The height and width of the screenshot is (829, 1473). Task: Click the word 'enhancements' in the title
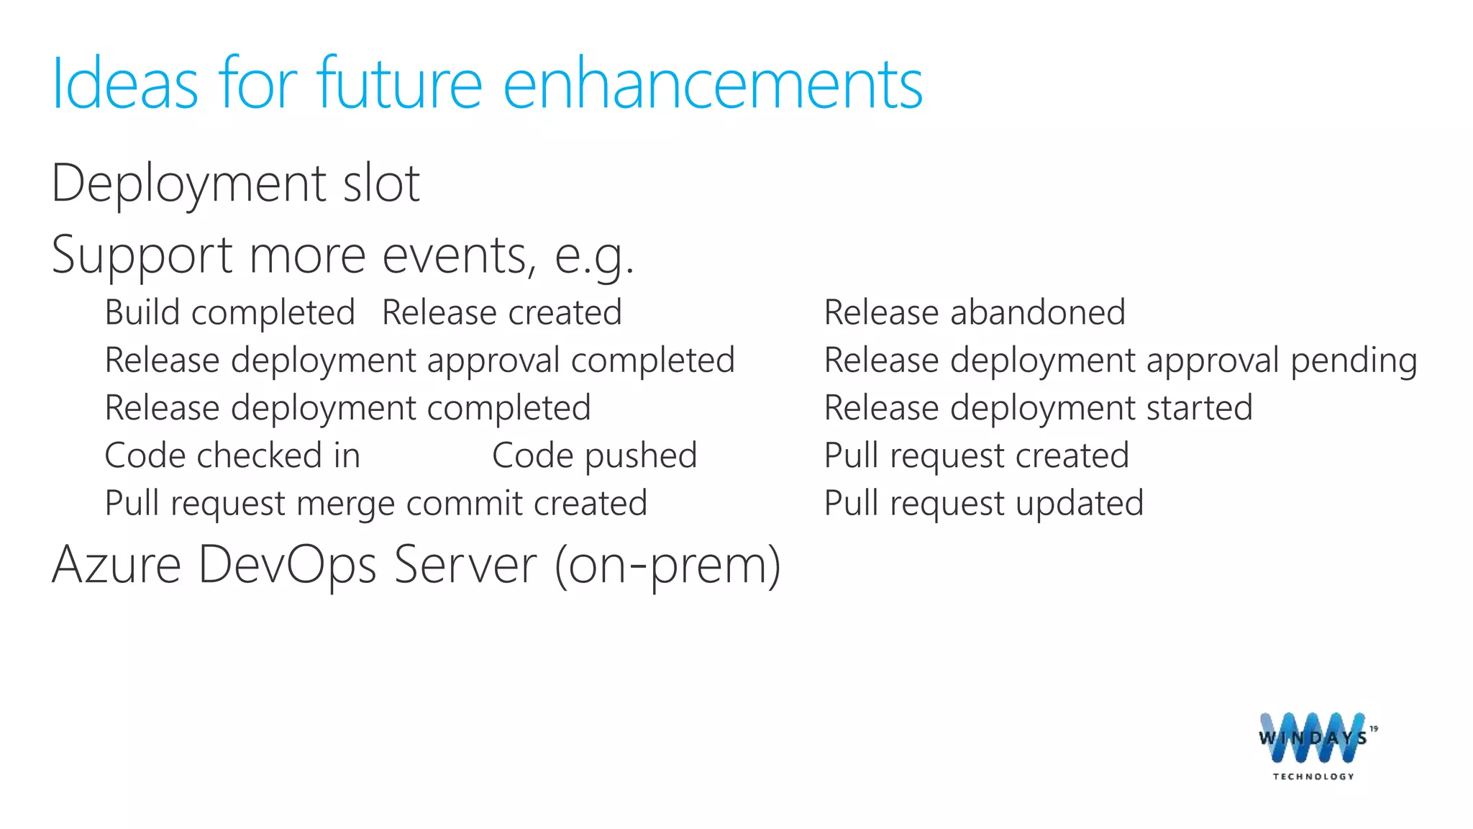tap(712, 85)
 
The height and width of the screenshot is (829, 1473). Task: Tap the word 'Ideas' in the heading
tap(124, 85)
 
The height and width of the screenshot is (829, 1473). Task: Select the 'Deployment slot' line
tap(235, 184)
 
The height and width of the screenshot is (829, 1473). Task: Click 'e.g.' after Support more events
tap(594, 256)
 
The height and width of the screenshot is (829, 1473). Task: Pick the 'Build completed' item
tap(229, 313)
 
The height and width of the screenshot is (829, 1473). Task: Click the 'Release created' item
tap(501, 313)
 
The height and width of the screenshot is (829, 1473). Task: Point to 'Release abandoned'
tap(974, 313)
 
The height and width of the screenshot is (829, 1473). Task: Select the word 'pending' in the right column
tap(1353, 361)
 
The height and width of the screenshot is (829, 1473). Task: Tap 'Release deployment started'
tap(1038, 408)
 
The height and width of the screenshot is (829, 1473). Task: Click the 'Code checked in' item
tap(232, 456)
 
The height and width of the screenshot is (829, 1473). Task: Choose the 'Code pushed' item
tap(594, 456)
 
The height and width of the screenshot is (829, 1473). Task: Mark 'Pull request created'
tap(976, 456)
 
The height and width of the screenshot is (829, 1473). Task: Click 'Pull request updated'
tap(983, 503)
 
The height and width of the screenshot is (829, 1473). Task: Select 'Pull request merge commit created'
tap(375, 503)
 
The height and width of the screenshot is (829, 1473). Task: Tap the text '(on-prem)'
tap(667, 566)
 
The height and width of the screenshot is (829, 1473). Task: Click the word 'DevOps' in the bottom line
tap(287, 564)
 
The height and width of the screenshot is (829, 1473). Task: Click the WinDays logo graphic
tap(1313, 738)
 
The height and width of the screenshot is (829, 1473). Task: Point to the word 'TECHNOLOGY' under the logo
tap(1313, 776)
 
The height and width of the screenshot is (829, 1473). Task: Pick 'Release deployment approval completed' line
tap(419, 361)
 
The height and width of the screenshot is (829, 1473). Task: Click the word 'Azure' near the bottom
tap(117, 564)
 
